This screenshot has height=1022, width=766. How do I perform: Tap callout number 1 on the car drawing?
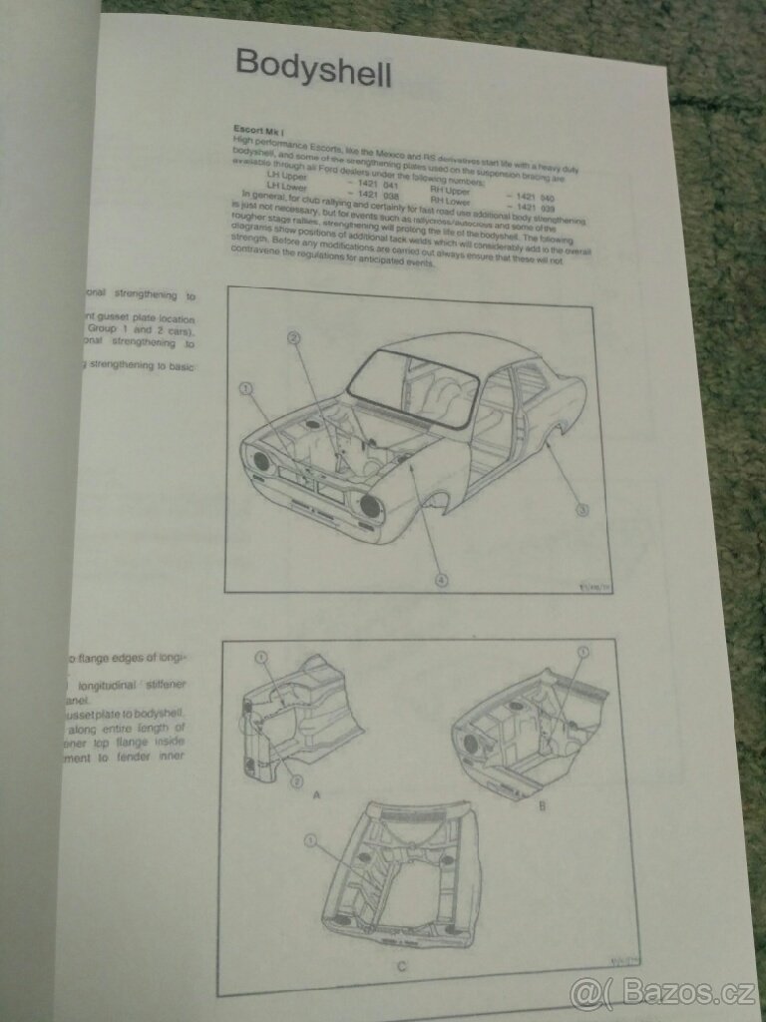click(x=246, y=388)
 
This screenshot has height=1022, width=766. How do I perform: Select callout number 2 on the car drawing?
click(x=293, y=337)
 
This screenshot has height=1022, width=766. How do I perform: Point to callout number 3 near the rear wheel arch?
click(x=582, y=509)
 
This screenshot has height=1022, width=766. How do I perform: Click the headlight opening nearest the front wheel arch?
click(x=369, y=506)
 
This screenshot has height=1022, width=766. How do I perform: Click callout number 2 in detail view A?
click(x=295, y=782)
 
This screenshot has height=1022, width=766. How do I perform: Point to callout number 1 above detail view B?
click(x=581, y=652)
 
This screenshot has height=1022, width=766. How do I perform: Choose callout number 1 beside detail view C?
click(x=311, y=841)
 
